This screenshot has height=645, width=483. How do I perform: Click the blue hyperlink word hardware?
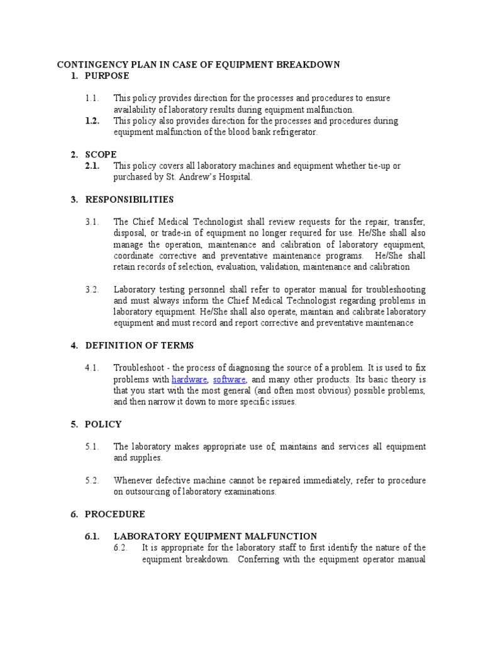click(x=189, y=380)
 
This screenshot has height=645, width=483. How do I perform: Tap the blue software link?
click(x=230, y=380)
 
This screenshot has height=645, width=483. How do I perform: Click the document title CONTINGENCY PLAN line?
click(x=199, y=64)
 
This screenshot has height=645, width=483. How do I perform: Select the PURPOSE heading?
click(x=107, y=76)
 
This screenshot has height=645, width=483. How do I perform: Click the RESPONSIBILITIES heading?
click(x=129, y=200)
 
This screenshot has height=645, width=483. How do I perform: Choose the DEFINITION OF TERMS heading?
click(x=139, y=345)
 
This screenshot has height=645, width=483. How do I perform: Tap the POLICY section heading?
click(x=103, y=424)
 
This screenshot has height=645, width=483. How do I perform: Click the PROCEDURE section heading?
click(x=114, y=514)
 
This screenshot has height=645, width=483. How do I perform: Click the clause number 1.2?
click(x=92, y=121)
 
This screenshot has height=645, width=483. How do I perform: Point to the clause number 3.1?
click(x=92, y=222)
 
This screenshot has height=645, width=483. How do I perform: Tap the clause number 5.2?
click(x=92, y=481)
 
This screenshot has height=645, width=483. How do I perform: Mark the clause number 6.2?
click(x=121, y=547)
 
